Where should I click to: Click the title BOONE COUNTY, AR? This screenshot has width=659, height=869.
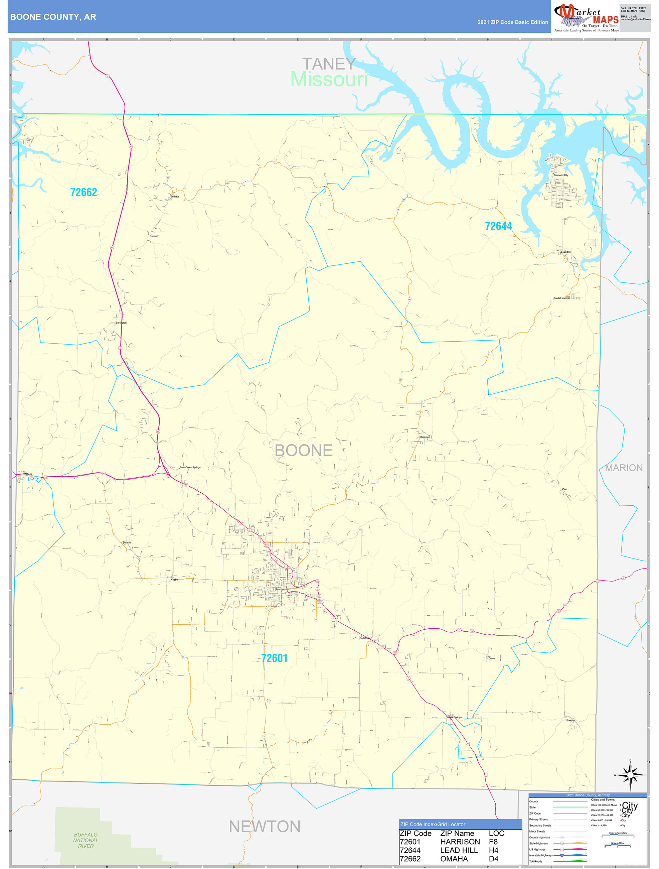click(x=53, y=17)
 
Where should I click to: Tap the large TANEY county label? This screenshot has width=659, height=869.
click(x=329, y=64)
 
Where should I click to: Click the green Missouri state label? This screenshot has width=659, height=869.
click(x=329, y=79)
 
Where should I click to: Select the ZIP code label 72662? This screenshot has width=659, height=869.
click(x=84, y=193)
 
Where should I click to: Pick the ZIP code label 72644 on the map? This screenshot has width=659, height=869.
click(x=498, y=226)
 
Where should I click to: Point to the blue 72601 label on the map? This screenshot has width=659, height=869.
click(x=274, y=658)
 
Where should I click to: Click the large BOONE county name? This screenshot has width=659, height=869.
click(x=303, y=450)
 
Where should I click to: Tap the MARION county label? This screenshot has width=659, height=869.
click(x=623, y=468)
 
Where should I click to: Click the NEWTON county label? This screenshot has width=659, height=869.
click(x=265, y=827)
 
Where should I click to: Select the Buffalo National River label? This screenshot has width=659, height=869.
click(x=86, y=840)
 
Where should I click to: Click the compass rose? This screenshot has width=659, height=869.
click(x=630, y=775)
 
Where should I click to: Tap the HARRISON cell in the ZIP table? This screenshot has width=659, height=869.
click(x=460, y=842)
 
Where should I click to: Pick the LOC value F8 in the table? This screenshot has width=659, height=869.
click(x=493, y=842)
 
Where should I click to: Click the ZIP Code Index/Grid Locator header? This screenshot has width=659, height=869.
click(x=433, y=824)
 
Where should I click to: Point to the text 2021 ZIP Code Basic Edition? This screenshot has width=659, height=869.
click(x=513, y=22)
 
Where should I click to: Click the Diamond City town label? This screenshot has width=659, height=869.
click(x=560, y=175)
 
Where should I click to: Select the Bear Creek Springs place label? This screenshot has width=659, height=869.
click(x=190, y=468)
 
